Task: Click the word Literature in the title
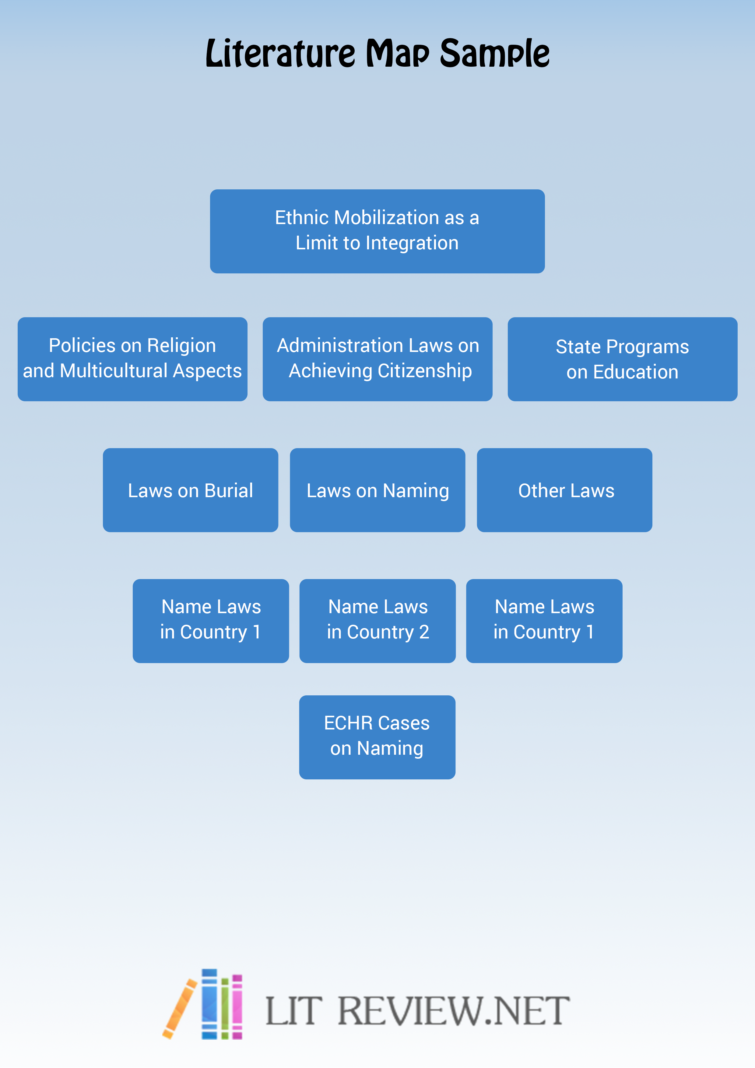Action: pos(280,54)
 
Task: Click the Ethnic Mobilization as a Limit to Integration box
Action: pos(377,231)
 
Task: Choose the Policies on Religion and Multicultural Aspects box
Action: pos(132,359)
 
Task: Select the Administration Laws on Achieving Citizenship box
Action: pos(377,359)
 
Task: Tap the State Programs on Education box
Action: pos(623,359)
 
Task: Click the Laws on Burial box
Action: pos(190,490)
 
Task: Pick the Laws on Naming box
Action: pos(377,490)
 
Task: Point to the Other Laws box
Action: pos(564,490)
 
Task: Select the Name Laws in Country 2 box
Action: pos(377,621)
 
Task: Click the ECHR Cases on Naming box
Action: pos(377,737)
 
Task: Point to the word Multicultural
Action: pos(114,371)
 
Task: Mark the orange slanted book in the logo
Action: pos(180,1009)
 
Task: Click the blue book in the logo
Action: pos(209,1005)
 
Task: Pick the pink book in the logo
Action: pos(237,1007)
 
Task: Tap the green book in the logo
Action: pos(225,1009)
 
